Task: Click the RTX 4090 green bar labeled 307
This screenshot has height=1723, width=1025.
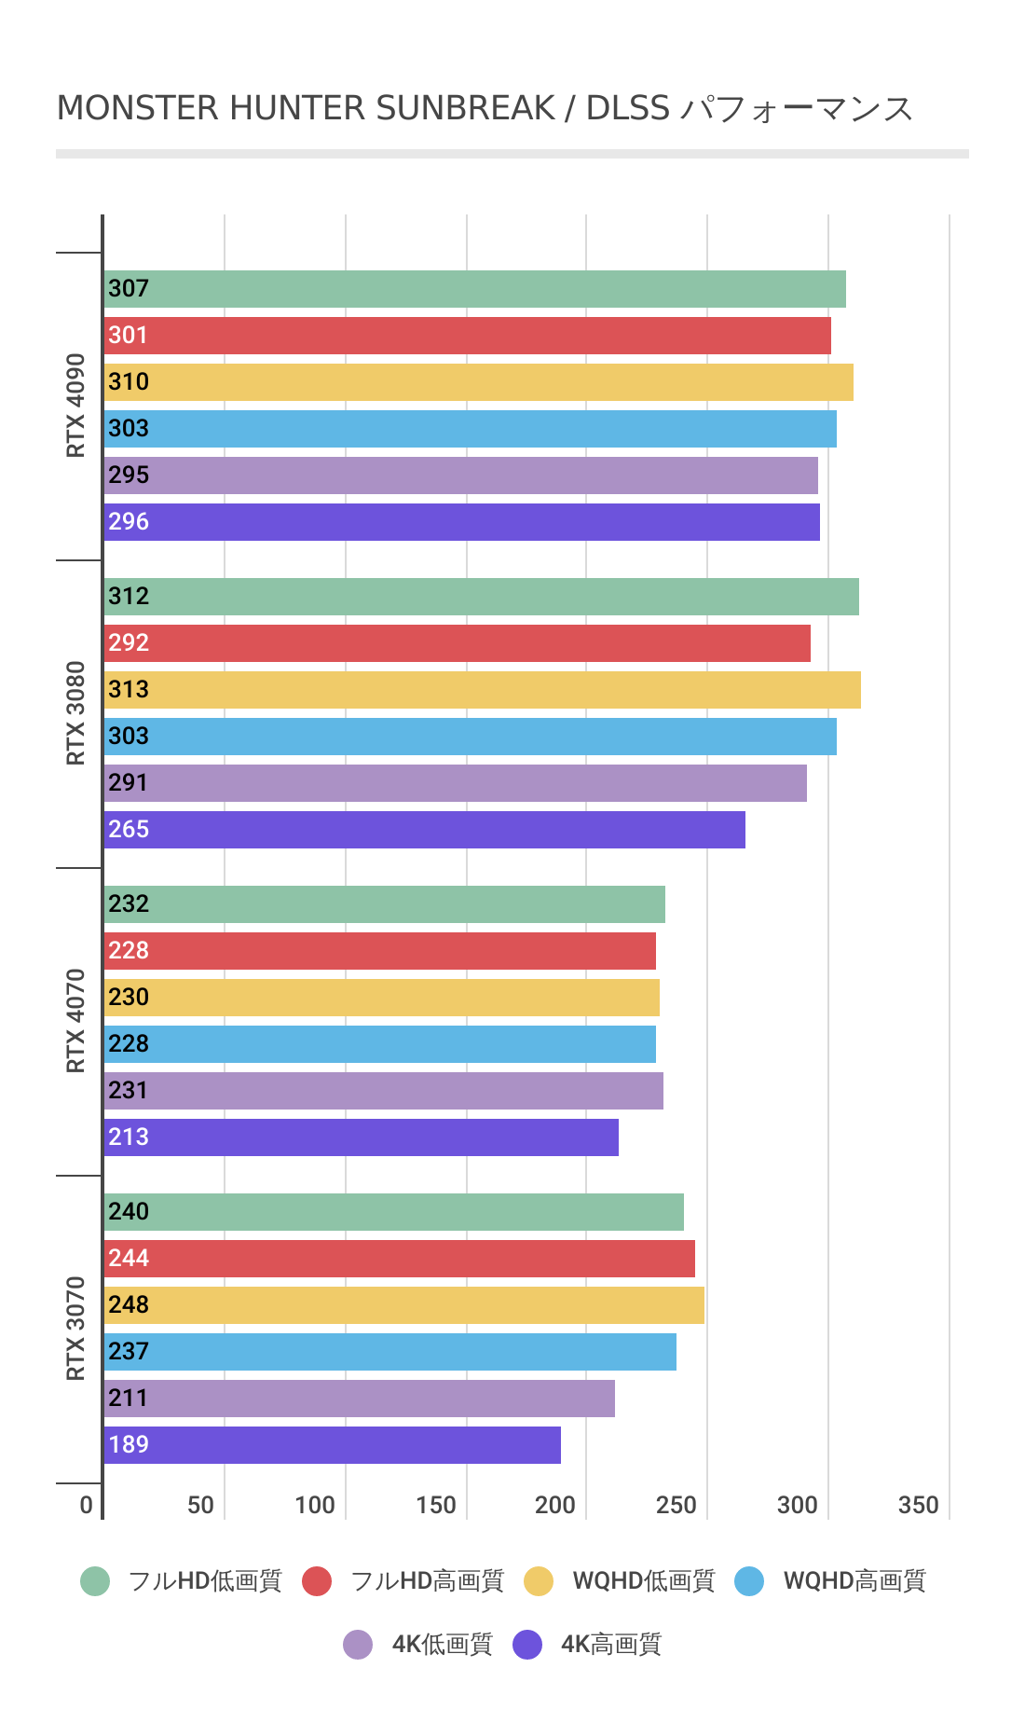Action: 475,289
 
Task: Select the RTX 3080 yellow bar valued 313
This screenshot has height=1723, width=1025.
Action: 483,690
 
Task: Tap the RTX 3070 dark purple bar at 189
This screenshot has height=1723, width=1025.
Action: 333,1445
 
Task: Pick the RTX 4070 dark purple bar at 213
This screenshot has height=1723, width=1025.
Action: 362,1137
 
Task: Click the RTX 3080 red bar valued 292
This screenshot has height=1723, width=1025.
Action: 458,643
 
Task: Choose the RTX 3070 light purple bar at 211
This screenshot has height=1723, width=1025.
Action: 360,1399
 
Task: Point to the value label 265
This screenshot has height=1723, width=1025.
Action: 129,830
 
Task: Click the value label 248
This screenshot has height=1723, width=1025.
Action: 129,1305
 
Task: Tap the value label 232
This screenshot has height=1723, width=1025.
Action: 129,904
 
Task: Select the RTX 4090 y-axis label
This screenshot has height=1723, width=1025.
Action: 75,406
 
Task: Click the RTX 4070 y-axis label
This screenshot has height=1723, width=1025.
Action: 75,1021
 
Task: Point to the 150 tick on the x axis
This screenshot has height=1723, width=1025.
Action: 436,1506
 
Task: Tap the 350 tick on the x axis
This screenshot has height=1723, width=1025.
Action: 919,1506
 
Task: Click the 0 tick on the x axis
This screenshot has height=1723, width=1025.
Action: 87,1506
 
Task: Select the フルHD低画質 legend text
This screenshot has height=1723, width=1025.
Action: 205,1581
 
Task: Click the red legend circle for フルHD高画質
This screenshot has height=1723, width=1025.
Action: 317,1581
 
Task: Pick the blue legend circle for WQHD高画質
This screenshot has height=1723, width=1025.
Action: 749,1581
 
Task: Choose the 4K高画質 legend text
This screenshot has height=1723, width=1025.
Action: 611,1645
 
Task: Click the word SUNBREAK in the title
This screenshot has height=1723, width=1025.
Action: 465,109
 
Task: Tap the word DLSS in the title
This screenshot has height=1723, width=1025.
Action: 627,109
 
